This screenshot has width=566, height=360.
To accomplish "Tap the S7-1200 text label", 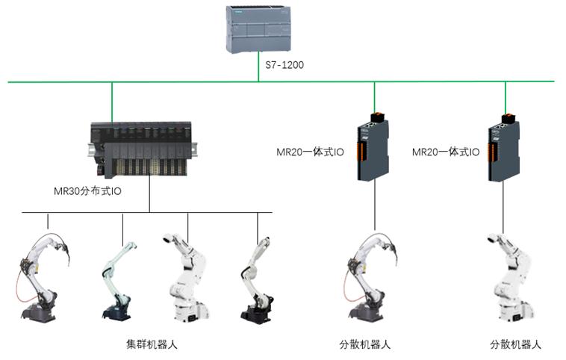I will click(284, 66).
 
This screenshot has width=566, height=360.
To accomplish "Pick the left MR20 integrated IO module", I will click(373, 146).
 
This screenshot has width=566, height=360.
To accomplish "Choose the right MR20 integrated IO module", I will click(505, 146).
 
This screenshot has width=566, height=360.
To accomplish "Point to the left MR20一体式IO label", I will click(310, 152).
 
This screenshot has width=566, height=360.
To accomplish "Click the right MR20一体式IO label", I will click(446, 152).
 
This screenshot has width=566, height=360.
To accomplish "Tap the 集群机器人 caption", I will click(152, 345).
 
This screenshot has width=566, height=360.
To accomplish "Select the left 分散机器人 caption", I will click(364, 345).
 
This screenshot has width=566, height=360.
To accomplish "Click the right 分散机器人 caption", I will click(515, 345).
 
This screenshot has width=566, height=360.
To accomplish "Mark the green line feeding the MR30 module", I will click(112, 100).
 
